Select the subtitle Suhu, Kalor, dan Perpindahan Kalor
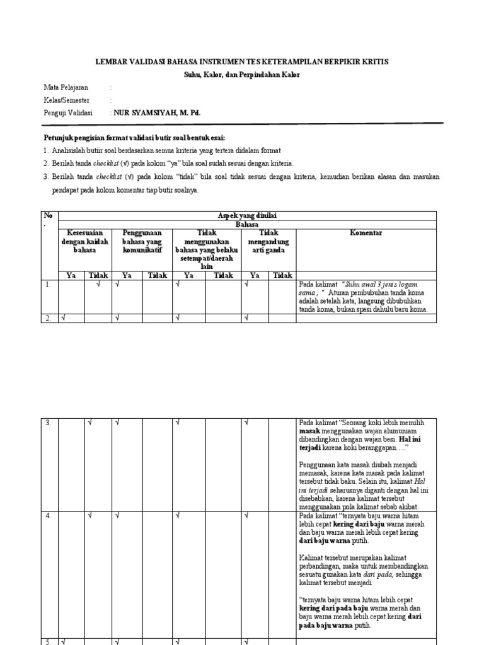241,74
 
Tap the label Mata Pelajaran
66,88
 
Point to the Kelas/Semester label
67,100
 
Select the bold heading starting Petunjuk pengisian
134,137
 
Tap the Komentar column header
366,233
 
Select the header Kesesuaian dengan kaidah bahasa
84,241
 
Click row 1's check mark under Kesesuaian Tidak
98,284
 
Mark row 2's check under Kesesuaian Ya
63,318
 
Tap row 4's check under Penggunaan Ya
117,516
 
